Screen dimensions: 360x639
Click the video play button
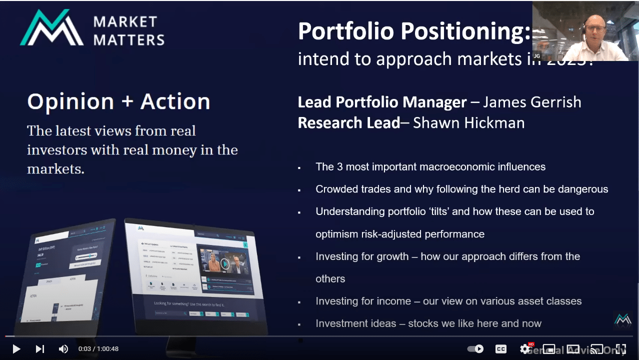16,349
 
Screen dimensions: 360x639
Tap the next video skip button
40,349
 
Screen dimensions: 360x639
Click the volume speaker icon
63,349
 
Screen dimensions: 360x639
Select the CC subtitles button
500,349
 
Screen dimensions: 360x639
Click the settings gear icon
525,349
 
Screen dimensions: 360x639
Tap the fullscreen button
621,349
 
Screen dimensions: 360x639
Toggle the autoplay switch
475,349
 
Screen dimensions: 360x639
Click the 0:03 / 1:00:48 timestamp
98,349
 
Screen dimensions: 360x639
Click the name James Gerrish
532,102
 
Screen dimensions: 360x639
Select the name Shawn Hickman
468,122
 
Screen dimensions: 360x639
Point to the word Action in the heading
175,101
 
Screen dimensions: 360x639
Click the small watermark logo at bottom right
623,319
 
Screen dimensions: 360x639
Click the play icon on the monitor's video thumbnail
225,263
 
